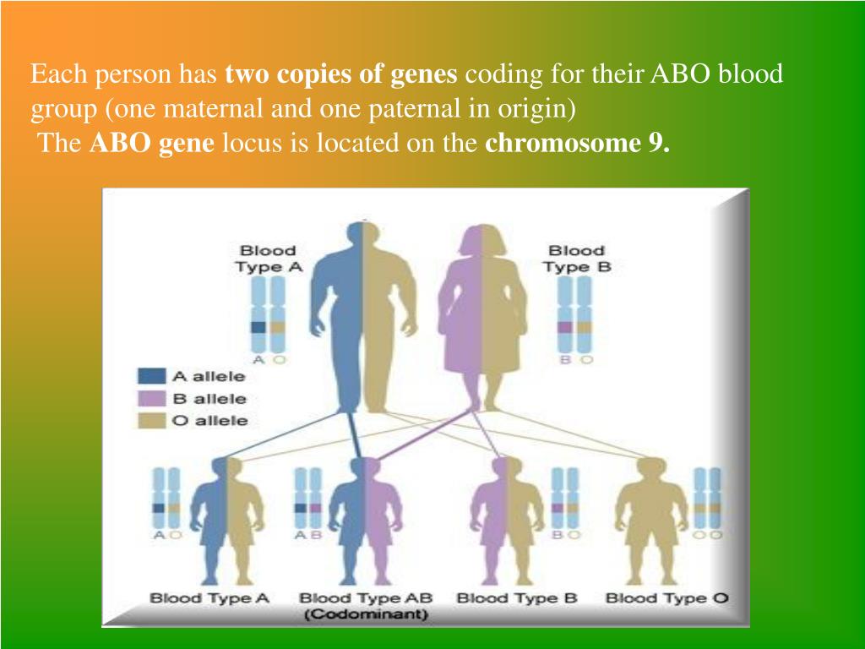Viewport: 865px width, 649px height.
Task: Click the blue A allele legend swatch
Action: tap(151, 376)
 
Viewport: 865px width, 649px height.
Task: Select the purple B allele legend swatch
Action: tap(151, 399)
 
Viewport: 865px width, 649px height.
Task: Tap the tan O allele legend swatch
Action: tap(151, 421)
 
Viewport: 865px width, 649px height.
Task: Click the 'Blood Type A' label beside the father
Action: tap(269, 259)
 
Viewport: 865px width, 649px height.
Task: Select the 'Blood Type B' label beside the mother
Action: tap(576, 259)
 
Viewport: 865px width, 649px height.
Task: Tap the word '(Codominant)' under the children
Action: tap(366, 614)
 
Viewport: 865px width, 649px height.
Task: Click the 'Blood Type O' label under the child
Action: tap(667, 598)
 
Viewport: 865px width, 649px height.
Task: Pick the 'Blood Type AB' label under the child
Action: tap(366, 598)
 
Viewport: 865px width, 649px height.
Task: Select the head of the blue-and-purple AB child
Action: tap(365, 469)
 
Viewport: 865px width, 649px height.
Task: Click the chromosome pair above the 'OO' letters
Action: tap(707, 498)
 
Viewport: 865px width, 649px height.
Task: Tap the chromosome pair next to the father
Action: tap(268, 314)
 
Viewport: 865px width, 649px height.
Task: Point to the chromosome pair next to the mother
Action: tap(574, 314)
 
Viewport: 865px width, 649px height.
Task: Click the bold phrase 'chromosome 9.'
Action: tap(578, 144)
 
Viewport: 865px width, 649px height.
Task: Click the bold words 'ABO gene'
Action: tap(152, 144)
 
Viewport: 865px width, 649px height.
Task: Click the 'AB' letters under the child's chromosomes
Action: tap(307, 535)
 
